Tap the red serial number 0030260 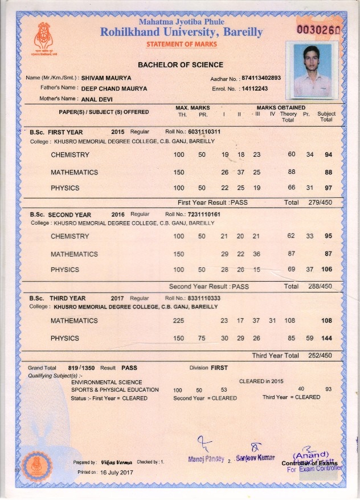pos(319,29)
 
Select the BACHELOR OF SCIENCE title pos(180,65)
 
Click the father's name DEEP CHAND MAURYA pos(114,88)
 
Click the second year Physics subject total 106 pos(326,270)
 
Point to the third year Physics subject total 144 pos(326,338)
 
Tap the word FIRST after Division pos(219,368)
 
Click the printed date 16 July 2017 pos(116,473)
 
